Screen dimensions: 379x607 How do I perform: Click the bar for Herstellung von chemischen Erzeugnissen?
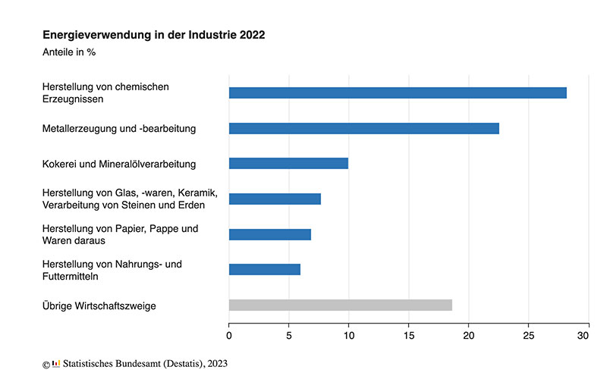click(398, 92)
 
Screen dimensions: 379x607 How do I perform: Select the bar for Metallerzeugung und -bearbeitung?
click(364, 128)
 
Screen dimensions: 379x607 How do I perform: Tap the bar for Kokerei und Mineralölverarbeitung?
click(288, 163)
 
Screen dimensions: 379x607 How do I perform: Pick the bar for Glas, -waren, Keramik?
click(275, 199)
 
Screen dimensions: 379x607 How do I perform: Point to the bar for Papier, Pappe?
click(270, 234)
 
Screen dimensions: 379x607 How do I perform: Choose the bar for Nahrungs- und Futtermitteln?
click(265, 269)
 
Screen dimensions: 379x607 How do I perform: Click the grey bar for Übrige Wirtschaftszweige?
click(341, 305)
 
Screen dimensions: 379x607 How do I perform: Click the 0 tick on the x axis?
click(229, 335)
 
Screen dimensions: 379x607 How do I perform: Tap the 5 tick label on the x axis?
click(288, 335)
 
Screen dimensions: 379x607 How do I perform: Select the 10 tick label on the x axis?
click(348, 335)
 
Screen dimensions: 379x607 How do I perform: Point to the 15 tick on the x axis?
click(408, 335)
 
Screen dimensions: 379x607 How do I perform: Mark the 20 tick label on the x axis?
click(468, 335)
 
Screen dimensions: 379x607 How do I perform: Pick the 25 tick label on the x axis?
click(528, 335)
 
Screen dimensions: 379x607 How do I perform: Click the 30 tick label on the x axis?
click(584, 335)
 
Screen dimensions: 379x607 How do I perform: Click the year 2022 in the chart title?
click(252, 35)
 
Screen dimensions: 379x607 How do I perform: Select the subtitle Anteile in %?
click(69, 52)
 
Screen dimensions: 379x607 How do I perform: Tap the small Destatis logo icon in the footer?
click(55, 364)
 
